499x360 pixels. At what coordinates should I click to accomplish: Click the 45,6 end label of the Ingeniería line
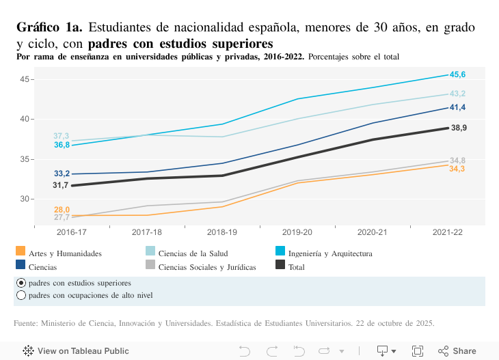(x=457, y=74)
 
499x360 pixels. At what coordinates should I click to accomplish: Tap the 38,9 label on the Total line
(x=459, y=128)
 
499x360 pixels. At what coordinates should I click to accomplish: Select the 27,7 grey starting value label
(x=62, y=217)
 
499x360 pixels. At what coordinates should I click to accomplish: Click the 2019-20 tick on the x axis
(x=297, y=232)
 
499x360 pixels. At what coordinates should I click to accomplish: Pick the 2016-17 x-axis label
(x=72, y=232)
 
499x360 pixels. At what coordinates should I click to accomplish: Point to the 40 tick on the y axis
(x=25, y=119)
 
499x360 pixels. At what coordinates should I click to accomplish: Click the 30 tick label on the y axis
(x=25, y=199)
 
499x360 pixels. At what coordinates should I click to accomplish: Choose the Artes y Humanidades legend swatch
(x=21, y=252)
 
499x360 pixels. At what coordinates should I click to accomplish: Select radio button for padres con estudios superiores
(x=21, y=283)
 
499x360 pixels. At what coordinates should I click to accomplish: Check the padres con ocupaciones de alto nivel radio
(x=21, y=296)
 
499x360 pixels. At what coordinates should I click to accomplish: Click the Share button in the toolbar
(x=457, y=351)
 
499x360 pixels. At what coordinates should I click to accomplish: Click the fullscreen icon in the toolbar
(x=417, y=351)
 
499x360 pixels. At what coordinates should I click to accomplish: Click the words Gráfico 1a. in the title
(x=49, y=28)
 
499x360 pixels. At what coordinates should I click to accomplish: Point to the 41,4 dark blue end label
(x=457, y=107)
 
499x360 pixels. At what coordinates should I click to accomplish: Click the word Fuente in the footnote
(x=27, y=322)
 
